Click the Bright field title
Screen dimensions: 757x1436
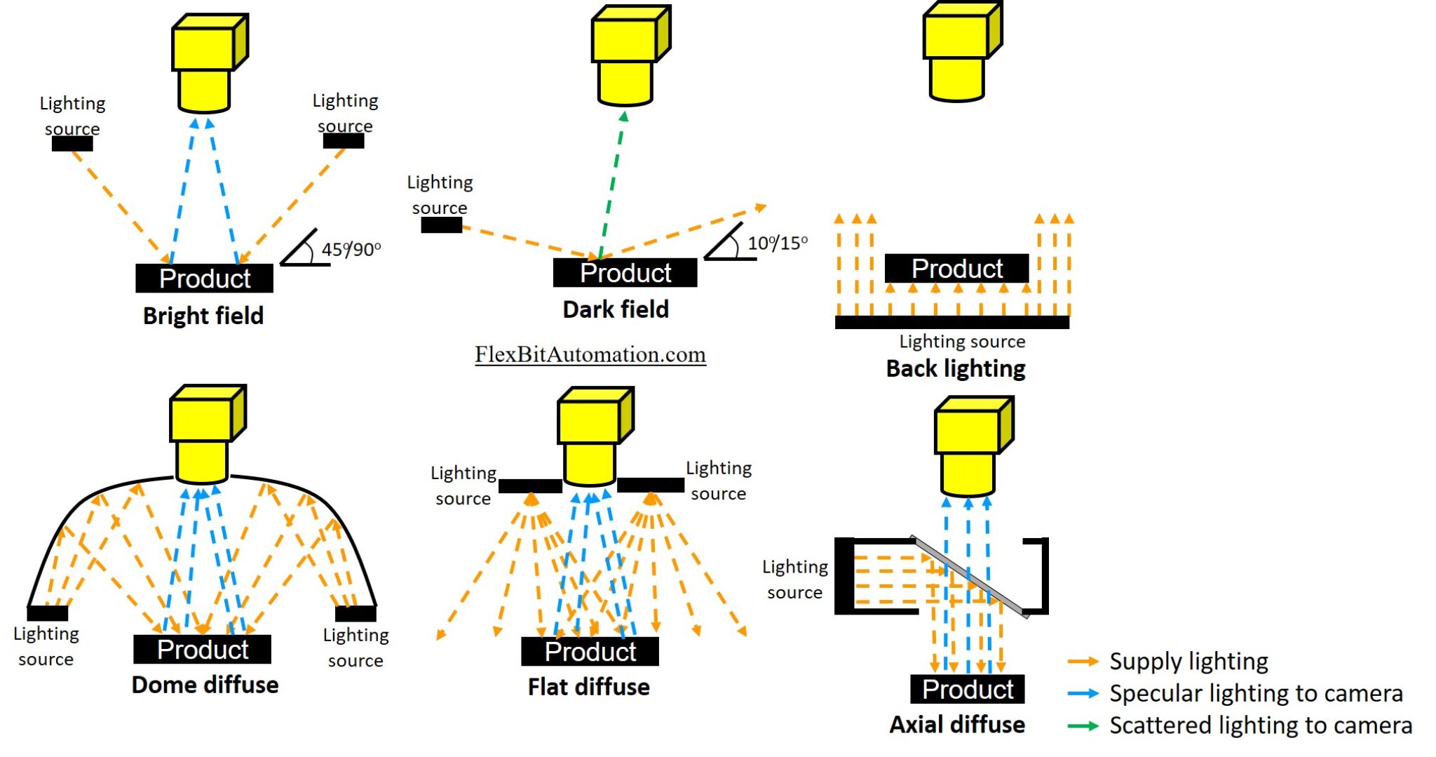(203, 316)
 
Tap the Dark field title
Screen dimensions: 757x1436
(616, 309)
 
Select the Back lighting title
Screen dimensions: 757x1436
(956, 368)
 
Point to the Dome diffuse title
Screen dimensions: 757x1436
(205, 685)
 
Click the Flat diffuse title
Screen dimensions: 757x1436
(588, 687)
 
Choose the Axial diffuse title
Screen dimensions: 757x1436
(957, 725)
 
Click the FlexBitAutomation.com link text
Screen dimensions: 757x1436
(590, 354)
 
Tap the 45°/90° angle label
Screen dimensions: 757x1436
(351, 249)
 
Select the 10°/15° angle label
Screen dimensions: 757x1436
(777, 243)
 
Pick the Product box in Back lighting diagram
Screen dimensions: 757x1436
(956, 268)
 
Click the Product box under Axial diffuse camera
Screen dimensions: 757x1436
(967, 689)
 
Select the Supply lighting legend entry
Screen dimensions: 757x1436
(1188, 662)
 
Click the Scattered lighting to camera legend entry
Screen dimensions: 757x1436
(1260, 725)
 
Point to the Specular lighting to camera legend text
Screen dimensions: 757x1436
(1256, 693)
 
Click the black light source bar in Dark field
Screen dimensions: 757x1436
(441, 225)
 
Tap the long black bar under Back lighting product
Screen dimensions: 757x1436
(951, 322)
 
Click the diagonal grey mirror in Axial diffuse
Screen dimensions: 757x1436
(970, 577)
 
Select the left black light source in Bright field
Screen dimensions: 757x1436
(72, 144)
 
